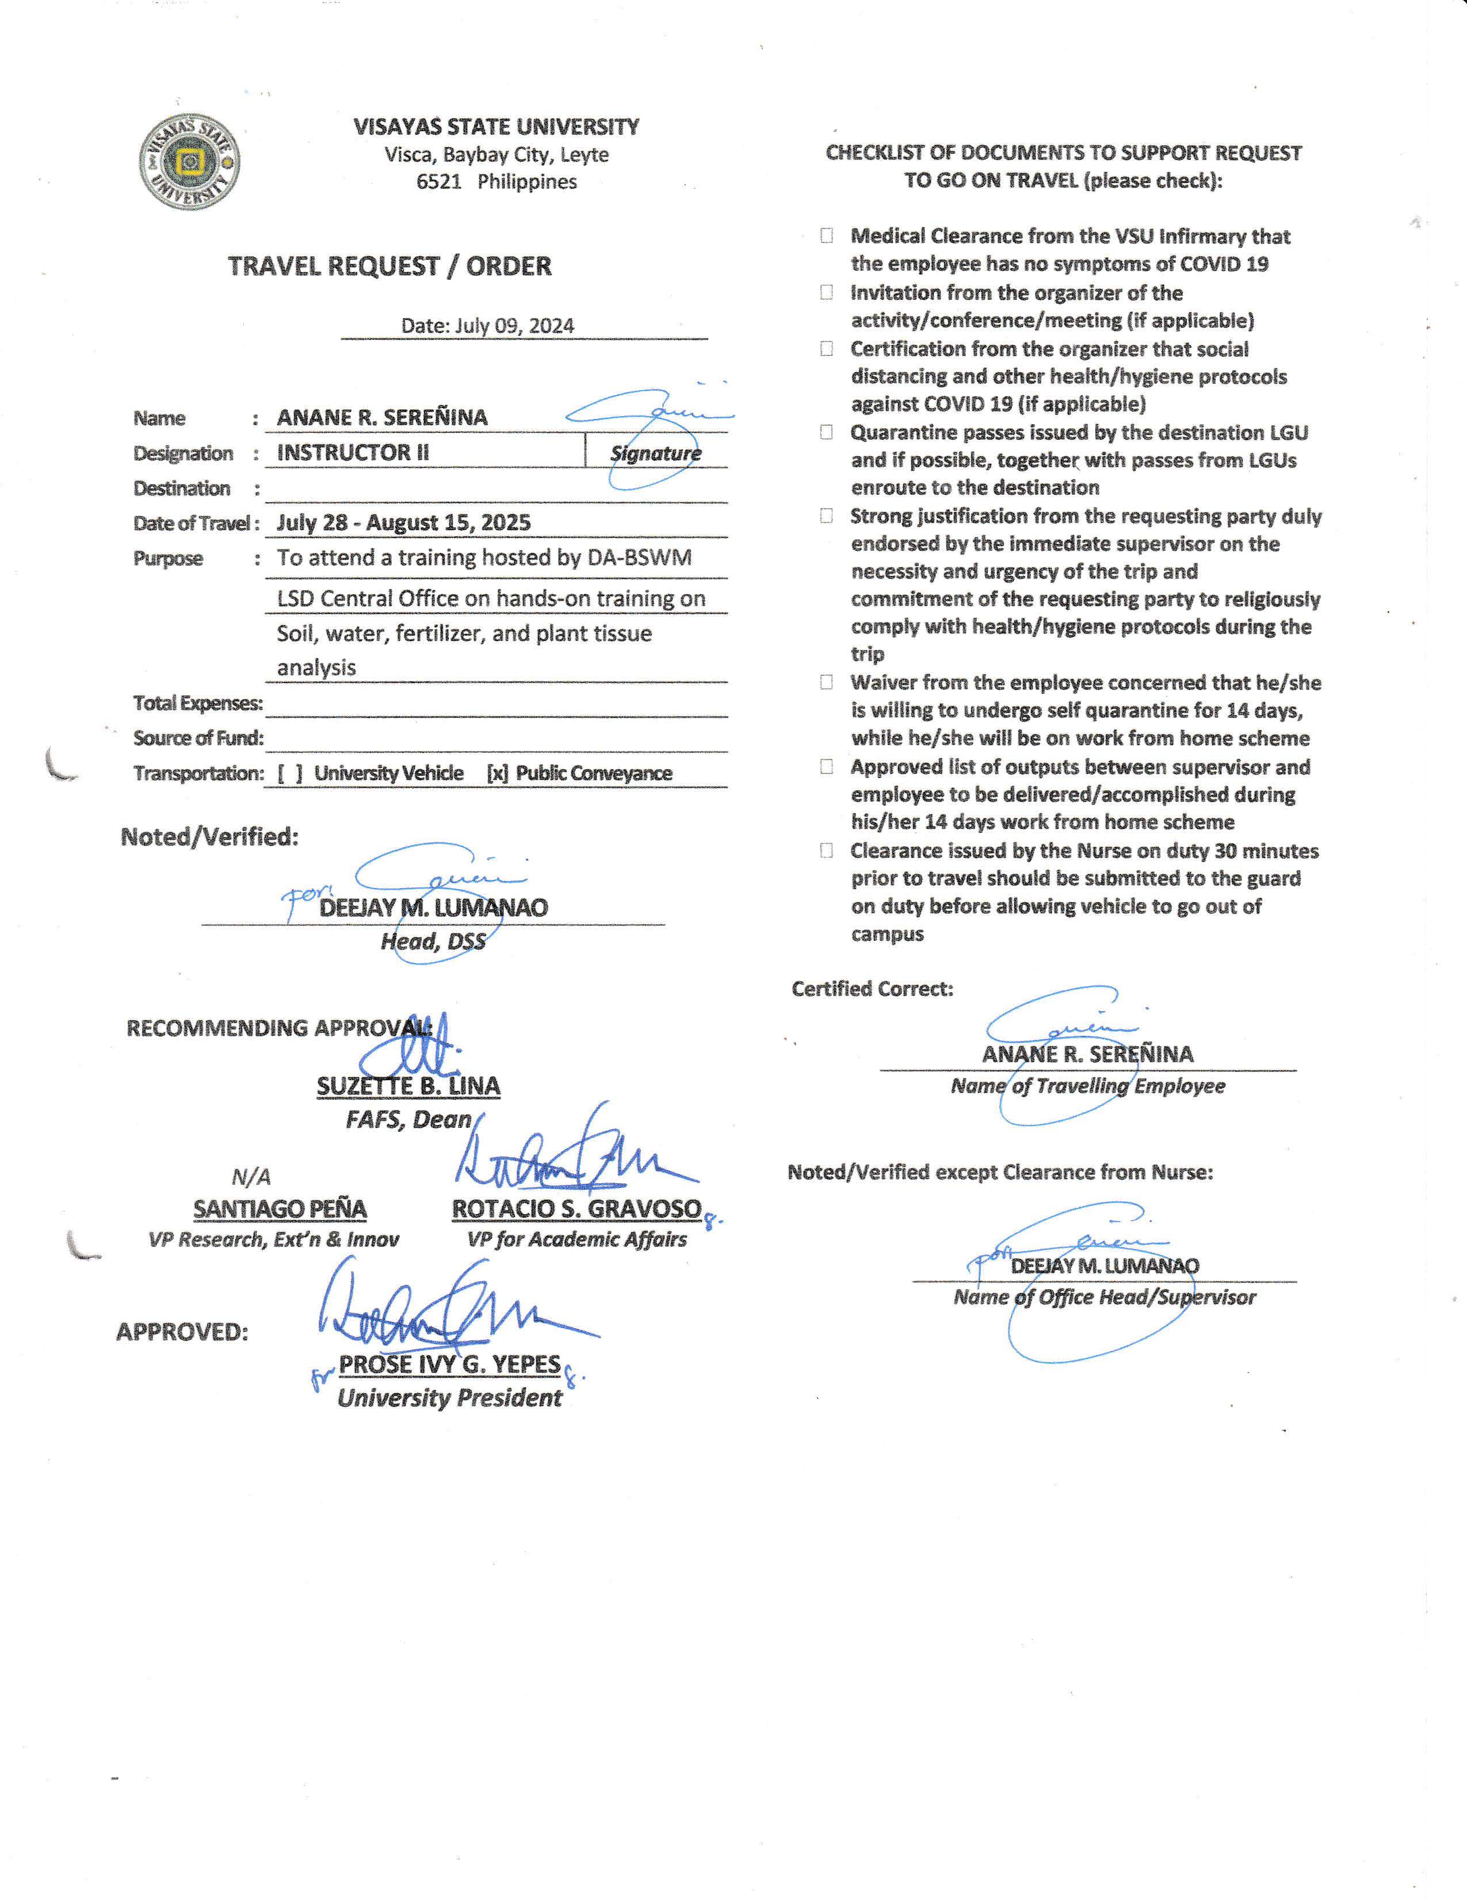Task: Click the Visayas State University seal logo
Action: tap(189, 162)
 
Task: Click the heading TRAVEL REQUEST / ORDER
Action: tap(389, 266)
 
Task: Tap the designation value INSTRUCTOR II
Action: tap(353, 452)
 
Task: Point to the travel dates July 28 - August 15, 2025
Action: tap(403, 523)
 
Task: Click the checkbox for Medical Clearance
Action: tap(827, 235)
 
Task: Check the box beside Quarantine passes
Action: tap(827, 432)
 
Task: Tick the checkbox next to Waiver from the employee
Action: tap(827, 682)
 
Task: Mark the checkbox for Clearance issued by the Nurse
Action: tap(827, 851)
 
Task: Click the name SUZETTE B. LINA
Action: tap(408, 1086)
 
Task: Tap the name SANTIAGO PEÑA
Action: tap(280, 1208)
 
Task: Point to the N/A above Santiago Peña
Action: tap(251, 1177)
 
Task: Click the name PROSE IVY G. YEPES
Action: tap(449, 1364)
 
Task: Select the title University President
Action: tap(449, 1398)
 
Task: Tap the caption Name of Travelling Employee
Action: tap(1087, 1086)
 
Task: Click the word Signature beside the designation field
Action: tap(655, 453)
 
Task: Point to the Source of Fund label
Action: tap(198, 738)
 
